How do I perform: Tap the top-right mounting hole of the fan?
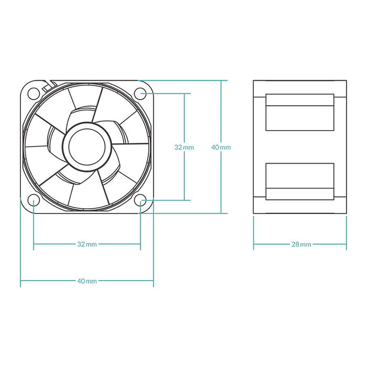coord(140,93)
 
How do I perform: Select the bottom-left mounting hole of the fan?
coord(33,200)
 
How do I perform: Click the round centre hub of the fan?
coord(87,146)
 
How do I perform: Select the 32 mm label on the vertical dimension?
coord(184,147)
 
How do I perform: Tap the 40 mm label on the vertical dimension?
coord(221,147)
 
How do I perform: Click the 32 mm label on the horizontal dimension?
coord(87,244)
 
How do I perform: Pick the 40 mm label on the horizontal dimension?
coord(87,281)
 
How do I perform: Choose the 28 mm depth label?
coord(300,244)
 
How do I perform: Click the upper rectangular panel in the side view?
coord(300,112)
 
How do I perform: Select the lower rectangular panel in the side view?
coord(300,181)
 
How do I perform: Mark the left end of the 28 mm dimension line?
coord(254,244)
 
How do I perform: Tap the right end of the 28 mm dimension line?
coord(347,244)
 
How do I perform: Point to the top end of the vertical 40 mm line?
coord(221,81)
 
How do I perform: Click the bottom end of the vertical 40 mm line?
coord(221,213)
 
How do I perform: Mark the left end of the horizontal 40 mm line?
coord(20,281)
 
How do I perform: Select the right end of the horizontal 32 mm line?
coord(141,244)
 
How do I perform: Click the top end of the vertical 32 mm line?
coord(184,93)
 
